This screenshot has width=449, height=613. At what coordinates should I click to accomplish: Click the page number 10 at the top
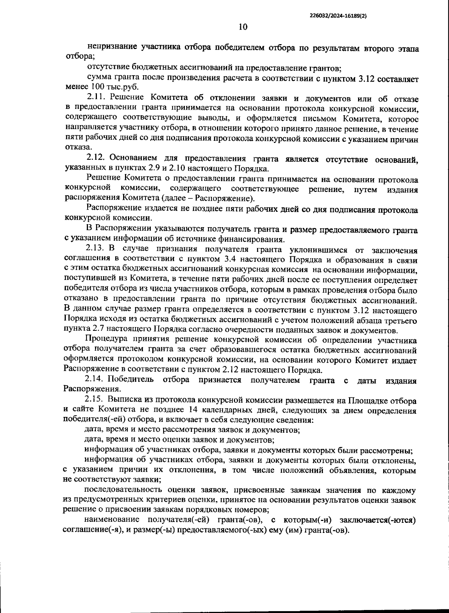pyautogui.click(x=243, y=27)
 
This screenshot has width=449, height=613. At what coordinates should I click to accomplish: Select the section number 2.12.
pyautogui.click(x=97, y=159)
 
